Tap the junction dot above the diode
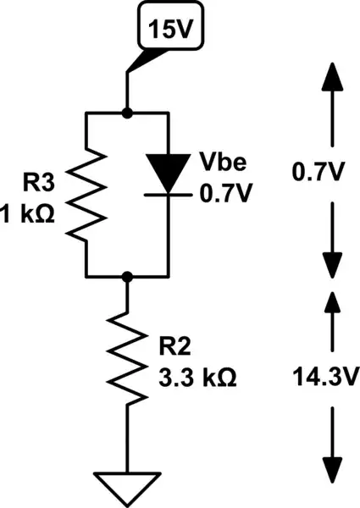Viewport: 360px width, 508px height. [127, 111]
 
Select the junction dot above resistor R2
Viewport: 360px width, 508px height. [127, 276]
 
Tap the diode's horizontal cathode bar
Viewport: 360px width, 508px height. [169, 194]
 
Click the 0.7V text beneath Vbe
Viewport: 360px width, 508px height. [224, 193]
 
